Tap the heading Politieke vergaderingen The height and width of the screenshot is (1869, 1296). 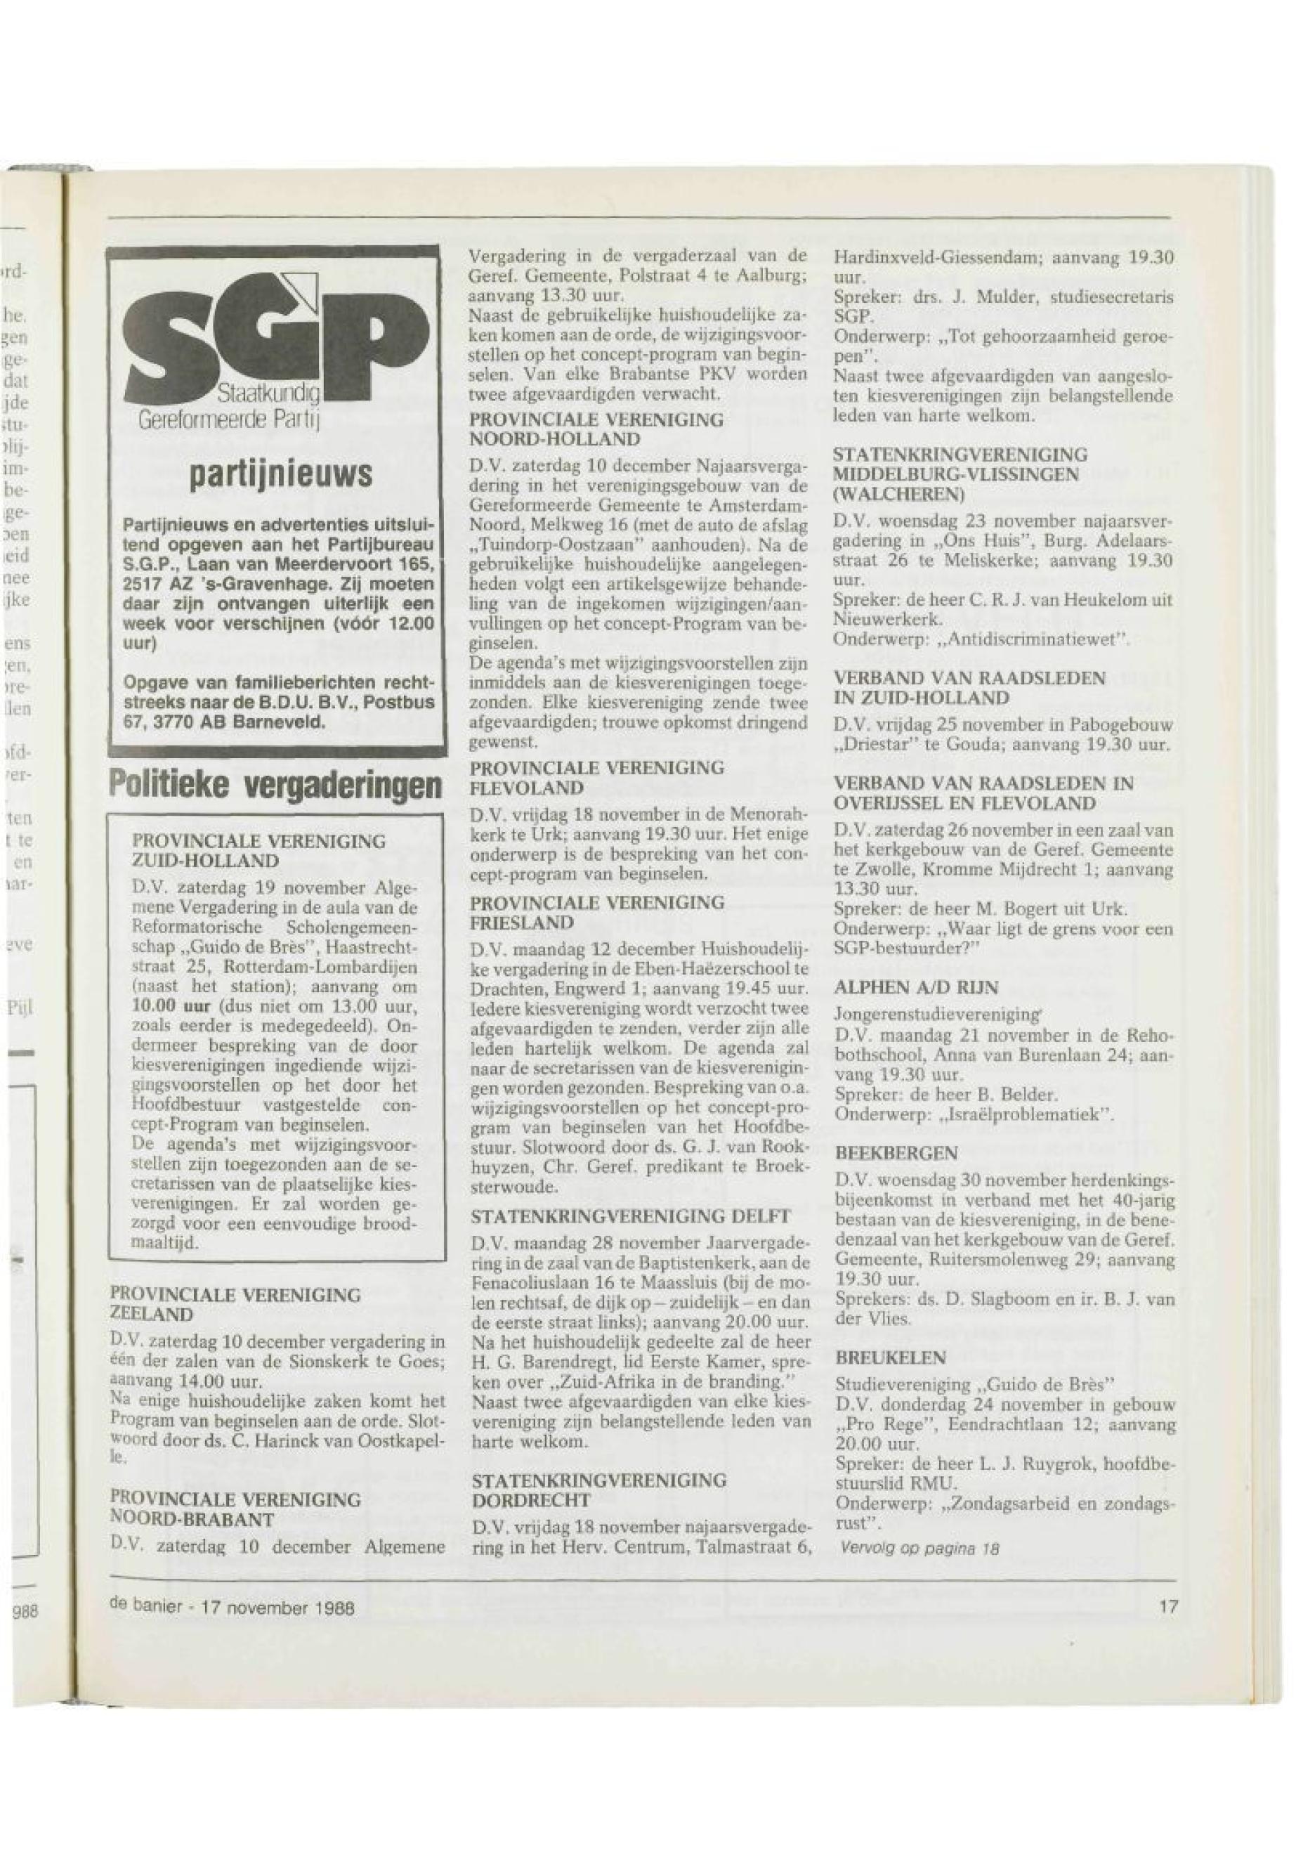[276, 784]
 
